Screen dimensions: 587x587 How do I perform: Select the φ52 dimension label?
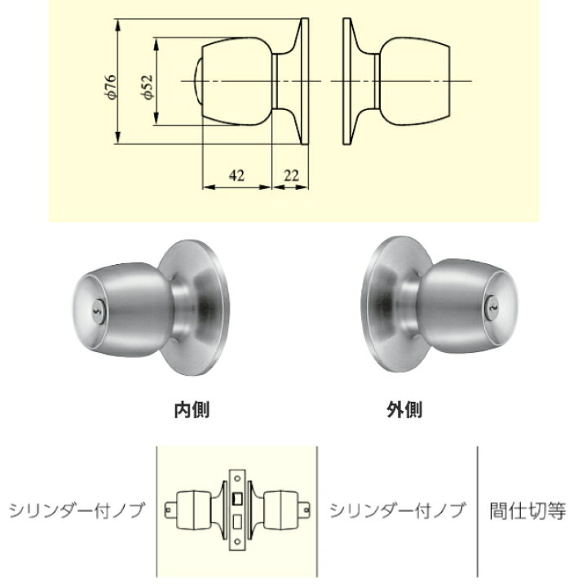[147, 86]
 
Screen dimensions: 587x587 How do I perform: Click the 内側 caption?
[192, 409]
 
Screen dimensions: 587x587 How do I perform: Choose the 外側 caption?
[404, 409]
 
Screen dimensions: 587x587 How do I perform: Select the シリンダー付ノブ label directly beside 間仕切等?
[397, 511]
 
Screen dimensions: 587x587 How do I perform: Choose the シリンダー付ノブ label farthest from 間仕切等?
[77, 511]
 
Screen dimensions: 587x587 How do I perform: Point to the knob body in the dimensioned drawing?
[236, 82]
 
